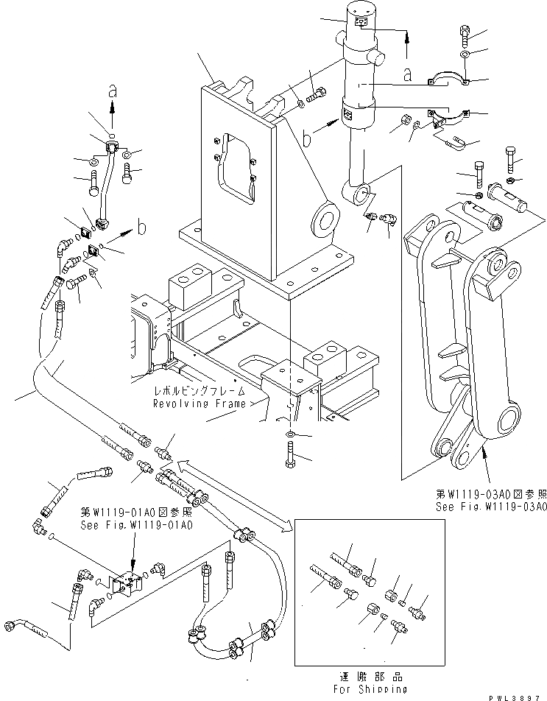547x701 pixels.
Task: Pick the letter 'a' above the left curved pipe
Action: coord(112,92)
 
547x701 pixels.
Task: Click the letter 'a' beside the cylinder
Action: coord(407,74)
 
